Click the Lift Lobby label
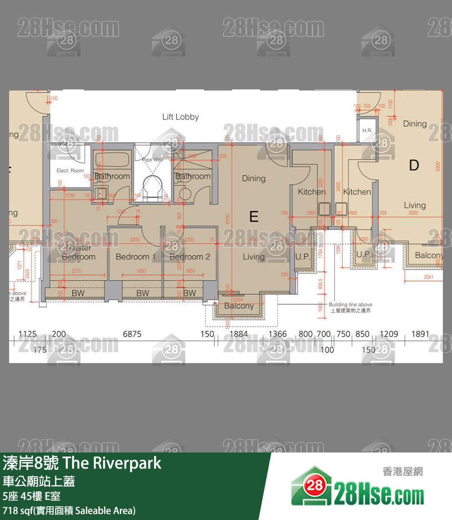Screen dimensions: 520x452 click(180, 117)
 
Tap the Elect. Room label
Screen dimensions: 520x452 click(70, 171)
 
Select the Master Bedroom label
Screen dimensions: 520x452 click(78, 252)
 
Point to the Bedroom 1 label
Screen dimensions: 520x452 click(135, 257)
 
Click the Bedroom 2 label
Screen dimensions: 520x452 click(190, 257)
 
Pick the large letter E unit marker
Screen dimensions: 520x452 click(254, 216)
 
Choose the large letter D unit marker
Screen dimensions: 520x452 click(414, 165)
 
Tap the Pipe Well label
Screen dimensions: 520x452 click(152, 160)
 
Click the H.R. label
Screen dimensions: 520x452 click(367, 131)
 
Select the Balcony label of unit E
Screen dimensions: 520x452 click(239, 306)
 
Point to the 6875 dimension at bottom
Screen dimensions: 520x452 click(132, 334)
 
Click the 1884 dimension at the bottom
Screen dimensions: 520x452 click(238, 334)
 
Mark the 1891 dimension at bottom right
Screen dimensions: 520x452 click(420, 334)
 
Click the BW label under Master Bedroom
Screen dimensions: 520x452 click(78, 293)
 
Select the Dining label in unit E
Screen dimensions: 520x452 click(253, 178)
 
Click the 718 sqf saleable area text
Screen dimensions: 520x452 click(69, 510)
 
